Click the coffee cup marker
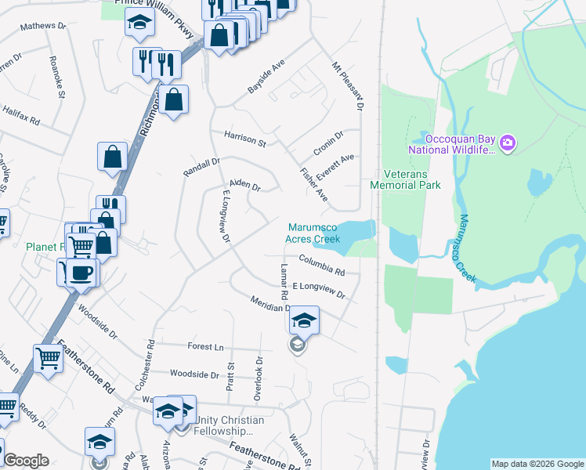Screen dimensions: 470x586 81,273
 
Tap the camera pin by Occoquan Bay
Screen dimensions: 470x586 508,142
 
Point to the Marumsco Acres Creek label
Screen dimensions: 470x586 313,233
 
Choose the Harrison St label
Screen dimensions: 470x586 245,139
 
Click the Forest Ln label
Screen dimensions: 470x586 205,346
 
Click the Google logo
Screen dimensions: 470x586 26,461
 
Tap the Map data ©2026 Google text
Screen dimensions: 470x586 537,464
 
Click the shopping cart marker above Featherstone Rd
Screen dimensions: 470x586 49,359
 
